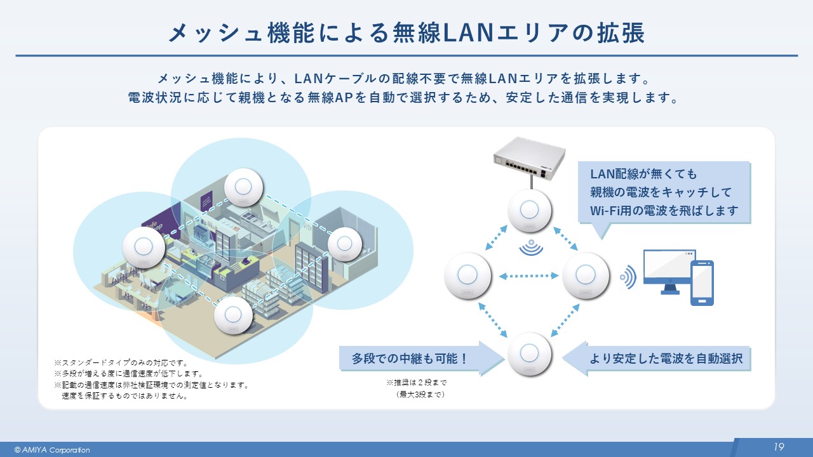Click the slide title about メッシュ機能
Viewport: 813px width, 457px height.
[406, 34]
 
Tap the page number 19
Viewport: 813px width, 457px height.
[779, 447]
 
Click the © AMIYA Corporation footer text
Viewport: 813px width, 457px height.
[52, 450]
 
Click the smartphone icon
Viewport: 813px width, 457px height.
[702, 282]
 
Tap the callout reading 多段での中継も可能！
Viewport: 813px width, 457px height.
[410, 359]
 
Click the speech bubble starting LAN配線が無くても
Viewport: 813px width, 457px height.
[663, 192]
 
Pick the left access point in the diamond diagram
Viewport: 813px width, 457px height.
[468, 275]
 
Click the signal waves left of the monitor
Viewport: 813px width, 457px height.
[628, 277]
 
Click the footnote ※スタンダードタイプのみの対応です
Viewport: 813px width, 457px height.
[121, 363]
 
